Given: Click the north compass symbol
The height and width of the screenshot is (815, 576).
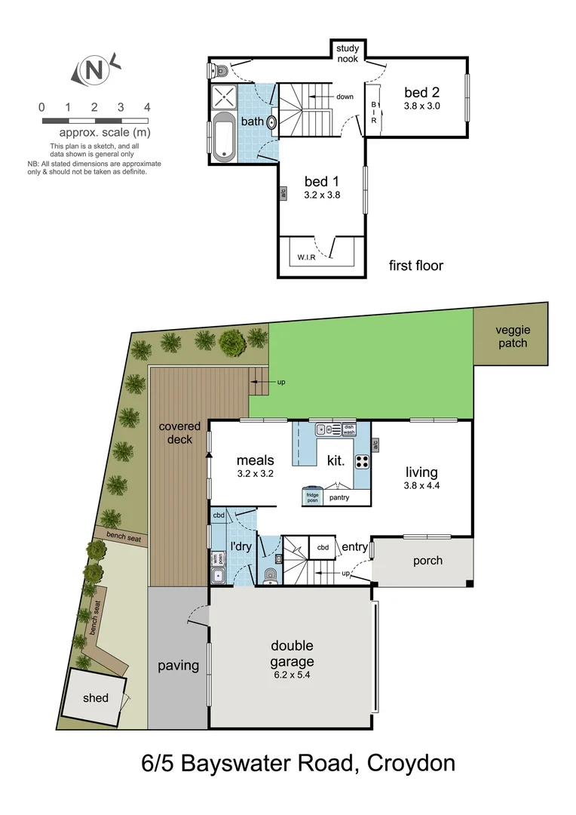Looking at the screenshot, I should pyautogui.click(x=94, y=71).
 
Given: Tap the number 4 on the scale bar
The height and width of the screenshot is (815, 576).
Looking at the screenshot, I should pyautogui.click(x=147, y=107).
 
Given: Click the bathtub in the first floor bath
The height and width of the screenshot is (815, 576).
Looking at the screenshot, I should pyautogui.click(x=224, y=137).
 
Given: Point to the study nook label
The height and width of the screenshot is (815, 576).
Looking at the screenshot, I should pyautogui.click(x=348, y=53).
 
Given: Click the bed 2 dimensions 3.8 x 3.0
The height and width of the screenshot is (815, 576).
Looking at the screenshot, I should pyautogui.click(x=422, y=106).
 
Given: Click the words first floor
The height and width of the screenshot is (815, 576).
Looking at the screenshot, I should pyautogui.click(x=415, y=266).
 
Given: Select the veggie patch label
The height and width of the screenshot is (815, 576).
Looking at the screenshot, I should pyautogui.click(x=513, y=337).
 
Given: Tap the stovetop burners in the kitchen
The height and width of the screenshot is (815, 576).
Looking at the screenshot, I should pyautogui.click(x=362, y=460).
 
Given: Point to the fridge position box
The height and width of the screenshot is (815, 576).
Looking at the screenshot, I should pyautogui.click(x=312, y=497).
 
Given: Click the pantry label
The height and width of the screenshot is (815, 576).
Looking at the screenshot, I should pyautogui.click(x=339, y=497).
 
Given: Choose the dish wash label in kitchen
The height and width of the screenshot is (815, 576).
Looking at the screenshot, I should pyautogui.click(x=349, y=430).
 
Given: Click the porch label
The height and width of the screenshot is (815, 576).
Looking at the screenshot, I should pyautogui.click(x=427, y=561).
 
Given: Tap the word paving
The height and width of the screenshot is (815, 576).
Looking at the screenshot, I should pyautogui.click(x=178, y=666).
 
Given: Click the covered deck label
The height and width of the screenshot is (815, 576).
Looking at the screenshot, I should pyautogui.click(x=179, y=433).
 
